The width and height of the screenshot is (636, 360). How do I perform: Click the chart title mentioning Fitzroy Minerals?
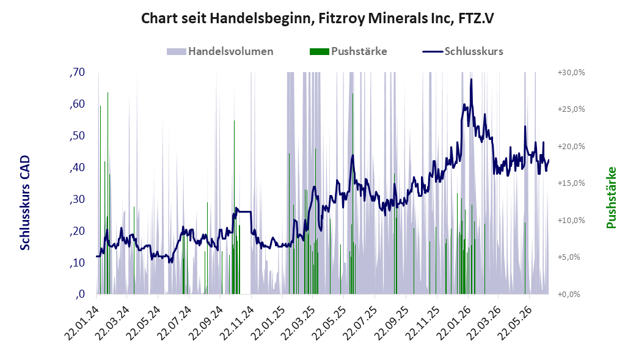click(318, 19)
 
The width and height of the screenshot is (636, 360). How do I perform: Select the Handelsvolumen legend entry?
click(220, 51)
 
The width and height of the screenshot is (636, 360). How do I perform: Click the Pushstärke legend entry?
click(348, 51)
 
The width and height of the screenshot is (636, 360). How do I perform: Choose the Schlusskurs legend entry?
click(463, 51)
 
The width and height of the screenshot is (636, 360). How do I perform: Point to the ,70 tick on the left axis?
click(77, 73)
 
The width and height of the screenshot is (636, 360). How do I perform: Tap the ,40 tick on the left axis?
click(77, 167)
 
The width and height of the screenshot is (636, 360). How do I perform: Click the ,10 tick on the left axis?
click(77, 263)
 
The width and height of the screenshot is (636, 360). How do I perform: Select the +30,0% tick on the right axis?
click(571, 73)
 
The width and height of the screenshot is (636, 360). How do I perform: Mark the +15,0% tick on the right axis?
click(571, 183)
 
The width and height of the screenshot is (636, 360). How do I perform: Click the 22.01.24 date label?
click(81, 323)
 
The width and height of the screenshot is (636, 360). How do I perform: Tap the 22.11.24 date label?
click(236, 323)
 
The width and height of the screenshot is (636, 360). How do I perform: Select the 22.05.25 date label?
click(329, 323)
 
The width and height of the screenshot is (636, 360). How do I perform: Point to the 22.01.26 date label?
click(453, 323)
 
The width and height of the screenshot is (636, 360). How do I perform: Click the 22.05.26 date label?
click(515, 323)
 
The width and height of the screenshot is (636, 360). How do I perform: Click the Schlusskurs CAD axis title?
click(25, 203)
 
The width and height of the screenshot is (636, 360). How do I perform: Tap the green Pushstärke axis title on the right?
click(611, 197)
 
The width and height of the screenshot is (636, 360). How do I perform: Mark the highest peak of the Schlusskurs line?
click(471, 79)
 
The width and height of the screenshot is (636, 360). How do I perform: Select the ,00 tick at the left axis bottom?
click(80, 294)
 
